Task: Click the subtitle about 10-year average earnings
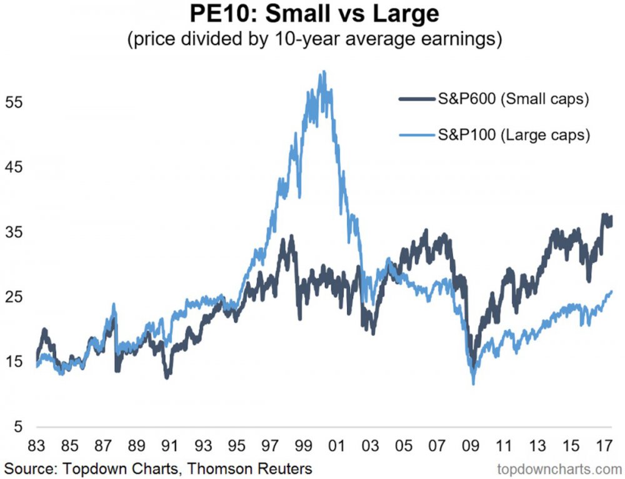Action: click(x=312, y=39)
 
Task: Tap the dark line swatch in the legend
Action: click(x=418, y=100)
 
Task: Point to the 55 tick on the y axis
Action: click(x=14, y=102)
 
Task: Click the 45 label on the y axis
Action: click(x=14, y=168)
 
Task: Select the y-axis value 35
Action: click(x=14, y=233)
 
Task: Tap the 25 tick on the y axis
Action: click(x=14, y=297)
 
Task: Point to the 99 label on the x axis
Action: click(x=303, y=448)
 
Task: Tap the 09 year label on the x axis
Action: click(x=470, y=448)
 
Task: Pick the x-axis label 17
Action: click(x=603, y=448)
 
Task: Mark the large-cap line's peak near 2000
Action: click(x=323, y=72)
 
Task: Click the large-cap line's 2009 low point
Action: click(x=474, y=383)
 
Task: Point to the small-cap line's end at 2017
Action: click(x=611, y=220)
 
